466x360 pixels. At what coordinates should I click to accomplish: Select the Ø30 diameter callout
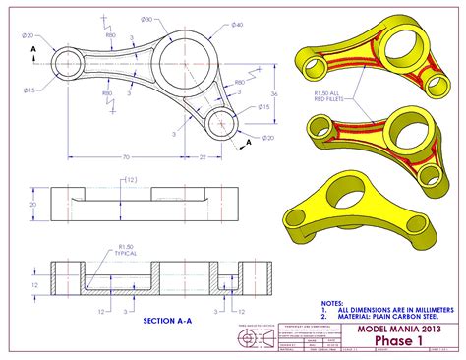tap(146, 20)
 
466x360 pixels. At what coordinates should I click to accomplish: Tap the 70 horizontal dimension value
tap(126, 157)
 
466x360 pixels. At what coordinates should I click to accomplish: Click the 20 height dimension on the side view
tap(32, 205)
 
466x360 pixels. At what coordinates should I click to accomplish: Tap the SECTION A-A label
tap(169, 321)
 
